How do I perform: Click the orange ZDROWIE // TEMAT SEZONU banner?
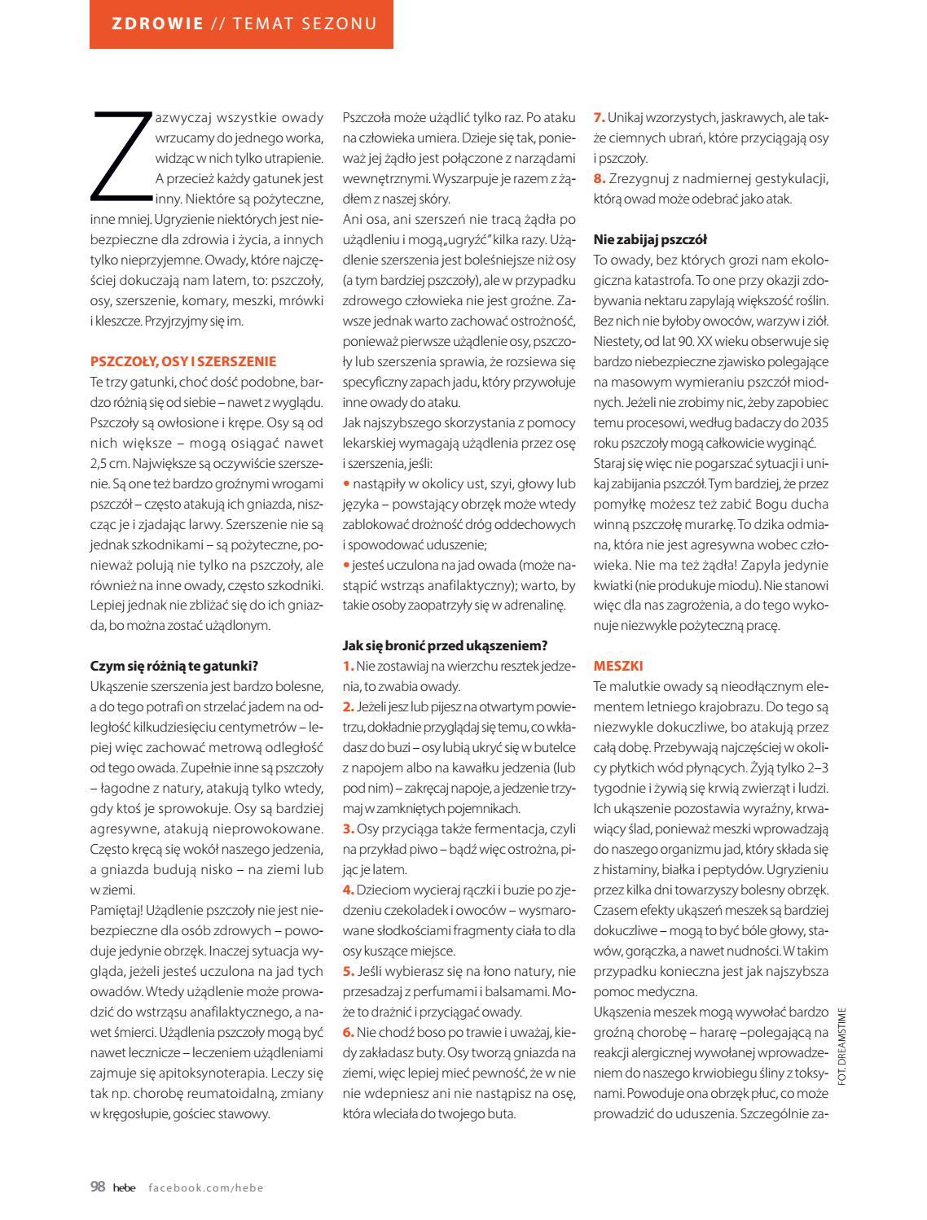click(241, 24)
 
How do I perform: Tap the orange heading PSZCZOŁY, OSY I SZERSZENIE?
click(183, 361)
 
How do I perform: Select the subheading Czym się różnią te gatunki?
click(179, 666)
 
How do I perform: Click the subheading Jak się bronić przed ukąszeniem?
click(445, 646)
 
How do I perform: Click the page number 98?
click(98, 1187)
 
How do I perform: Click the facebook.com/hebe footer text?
click(206, 1187)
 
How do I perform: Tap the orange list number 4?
click(348, 889)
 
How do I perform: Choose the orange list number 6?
click(348, 1032)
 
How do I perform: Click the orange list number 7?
click(599, 117)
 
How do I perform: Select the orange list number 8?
click(599, 178)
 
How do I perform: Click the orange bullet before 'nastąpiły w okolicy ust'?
click(345, 483)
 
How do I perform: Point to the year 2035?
click(815, 422)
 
